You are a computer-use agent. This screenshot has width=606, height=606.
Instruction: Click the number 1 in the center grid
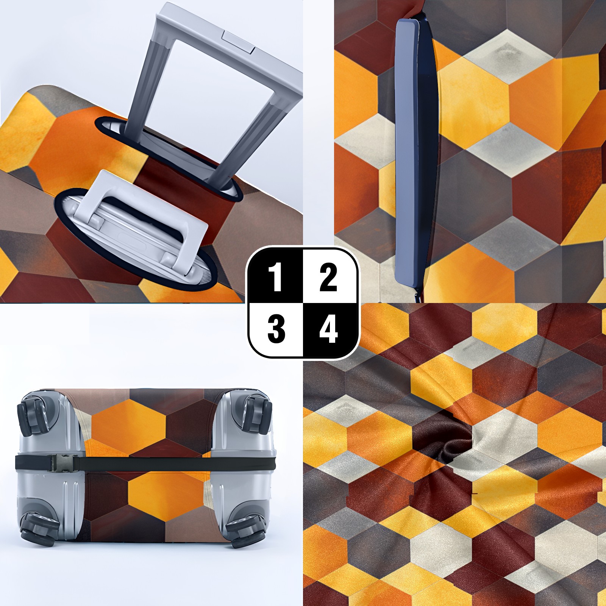[x=275, y=278]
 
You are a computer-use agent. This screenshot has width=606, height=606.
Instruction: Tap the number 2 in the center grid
[x=328, y=278]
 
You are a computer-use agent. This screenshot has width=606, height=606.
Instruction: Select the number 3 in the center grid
[x=276, y=329]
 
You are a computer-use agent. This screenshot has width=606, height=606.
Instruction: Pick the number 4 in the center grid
[x=328, y=329]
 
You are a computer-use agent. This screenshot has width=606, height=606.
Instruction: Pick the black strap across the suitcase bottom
[x=145, y=464]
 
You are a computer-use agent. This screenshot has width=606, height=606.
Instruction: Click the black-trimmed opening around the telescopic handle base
[x=169, y=157]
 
